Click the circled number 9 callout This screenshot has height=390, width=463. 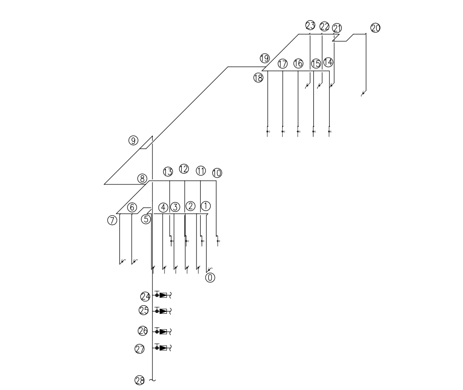pos(133,141)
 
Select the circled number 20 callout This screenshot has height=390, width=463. pos(375,28)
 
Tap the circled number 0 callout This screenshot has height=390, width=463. pos(210,277)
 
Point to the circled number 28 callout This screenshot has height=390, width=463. pos(140,381)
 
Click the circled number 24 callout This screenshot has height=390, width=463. pos(145,296)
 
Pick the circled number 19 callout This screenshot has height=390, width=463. pos(264,58)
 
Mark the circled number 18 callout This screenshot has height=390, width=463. pos(258,78)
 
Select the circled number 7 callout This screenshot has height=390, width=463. pos(112,220)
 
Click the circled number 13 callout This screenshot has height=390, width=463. pos(168,172)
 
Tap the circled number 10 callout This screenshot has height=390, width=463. pos(217,173)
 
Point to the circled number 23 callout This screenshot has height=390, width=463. pos(310,26)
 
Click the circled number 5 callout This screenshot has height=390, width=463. pos(146,219)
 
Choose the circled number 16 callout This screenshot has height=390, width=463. pos(298,64)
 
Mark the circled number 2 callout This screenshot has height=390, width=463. pos(190,206)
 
